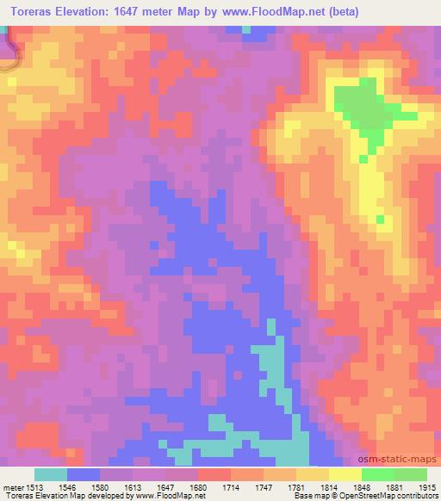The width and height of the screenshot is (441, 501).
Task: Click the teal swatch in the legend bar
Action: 50,474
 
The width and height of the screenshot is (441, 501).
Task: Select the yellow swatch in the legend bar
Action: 345,474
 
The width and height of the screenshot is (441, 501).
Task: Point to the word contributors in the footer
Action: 409,496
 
